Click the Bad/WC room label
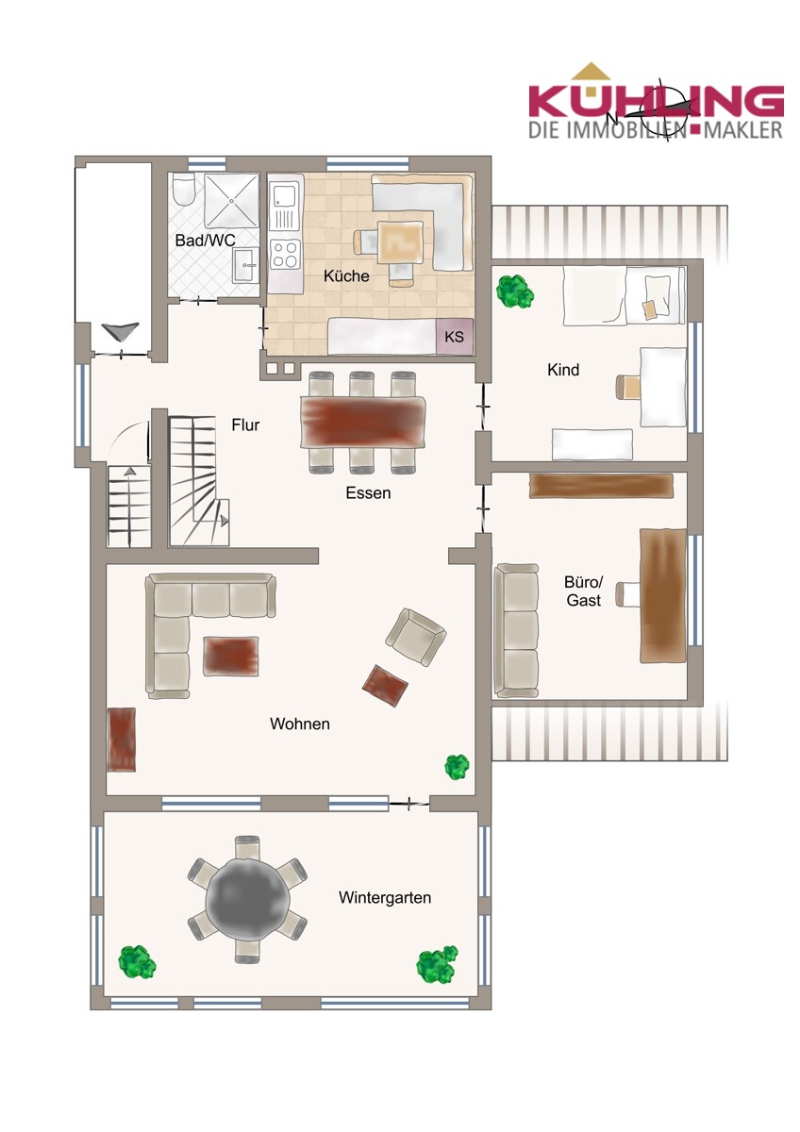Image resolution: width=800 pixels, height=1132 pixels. point(205,240)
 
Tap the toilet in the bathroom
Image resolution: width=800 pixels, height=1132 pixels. point(181,190)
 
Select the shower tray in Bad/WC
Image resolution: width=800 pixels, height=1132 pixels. point(231,201)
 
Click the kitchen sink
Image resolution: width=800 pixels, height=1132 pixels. point(285,206)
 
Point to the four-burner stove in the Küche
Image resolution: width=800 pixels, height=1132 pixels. point(285,254)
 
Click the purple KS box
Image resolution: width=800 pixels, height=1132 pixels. point(455,336)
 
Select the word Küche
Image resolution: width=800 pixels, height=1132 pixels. point(346,275)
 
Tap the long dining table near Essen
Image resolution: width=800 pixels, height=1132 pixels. point(362,422)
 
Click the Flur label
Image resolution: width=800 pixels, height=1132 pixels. point(245,425)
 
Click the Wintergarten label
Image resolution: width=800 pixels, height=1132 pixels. point(385,898)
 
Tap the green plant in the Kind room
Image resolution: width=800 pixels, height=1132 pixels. point(514,291)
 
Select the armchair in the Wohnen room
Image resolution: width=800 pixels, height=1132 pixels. point(415,637)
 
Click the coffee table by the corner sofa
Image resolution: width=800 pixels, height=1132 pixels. point(231,656)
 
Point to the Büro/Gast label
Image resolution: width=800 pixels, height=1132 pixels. point(584,591)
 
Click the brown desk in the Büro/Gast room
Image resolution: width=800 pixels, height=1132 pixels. point(662,595)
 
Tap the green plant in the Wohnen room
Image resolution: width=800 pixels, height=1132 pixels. point(457,767)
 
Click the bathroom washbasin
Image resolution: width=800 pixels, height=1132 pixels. point(246,265)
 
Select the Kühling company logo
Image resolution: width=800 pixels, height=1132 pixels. point(656,103)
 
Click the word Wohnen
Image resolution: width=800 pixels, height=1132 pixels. point(300,724)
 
